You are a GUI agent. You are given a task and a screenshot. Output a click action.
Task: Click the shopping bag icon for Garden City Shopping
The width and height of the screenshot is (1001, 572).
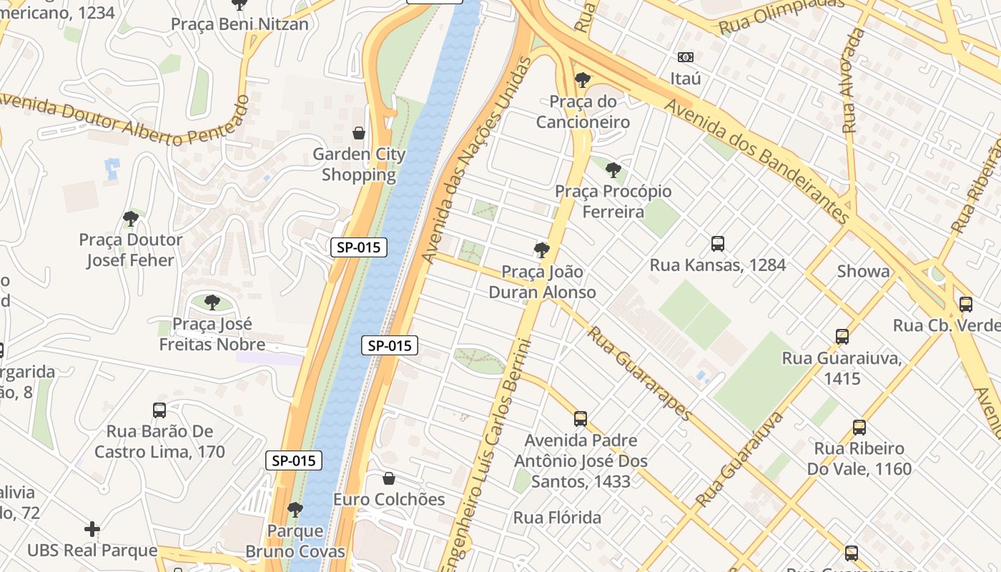tap(359, 133)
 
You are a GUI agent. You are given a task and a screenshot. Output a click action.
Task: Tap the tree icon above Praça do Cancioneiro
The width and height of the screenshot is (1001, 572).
tap(583, 79)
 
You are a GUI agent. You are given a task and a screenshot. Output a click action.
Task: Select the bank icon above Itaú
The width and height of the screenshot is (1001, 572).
tap(685, 57)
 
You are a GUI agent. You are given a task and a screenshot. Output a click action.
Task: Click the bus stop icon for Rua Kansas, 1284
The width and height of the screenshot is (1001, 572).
tap(718, 244)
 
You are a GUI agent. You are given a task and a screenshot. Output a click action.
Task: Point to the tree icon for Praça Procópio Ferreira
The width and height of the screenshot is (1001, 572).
tap(613, 170)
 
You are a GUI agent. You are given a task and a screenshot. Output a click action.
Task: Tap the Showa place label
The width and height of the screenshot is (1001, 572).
tap(864, 271)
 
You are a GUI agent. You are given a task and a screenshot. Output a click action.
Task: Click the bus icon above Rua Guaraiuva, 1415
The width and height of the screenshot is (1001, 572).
tap(842, 336)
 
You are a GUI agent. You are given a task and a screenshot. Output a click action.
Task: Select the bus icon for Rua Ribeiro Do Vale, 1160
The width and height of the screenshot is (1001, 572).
tap(859, 428)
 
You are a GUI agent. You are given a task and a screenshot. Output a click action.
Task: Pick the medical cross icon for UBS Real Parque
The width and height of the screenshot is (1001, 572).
tap(92, 529)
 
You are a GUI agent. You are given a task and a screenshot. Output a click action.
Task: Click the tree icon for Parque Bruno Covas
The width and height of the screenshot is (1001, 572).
tap(295, 510)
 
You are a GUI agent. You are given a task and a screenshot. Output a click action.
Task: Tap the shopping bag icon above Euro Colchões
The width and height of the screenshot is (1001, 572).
tap(389, 478)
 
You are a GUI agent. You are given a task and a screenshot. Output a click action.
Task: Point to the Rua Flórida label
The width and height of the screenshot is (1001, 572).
tap(557, 517)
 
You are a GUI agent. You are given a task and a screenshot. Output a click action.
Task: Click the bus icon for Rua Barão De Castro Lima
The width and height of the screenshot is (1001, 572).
tap(159, 410)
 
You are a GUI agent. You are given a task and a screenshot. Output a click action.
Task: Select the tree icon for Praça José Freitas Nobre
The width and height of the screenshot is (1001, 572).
tap(212, 302)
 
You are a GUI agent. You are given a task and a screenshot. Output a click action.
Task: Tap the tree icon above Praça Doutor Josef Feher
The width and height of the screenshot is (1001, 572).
tap(130, 218)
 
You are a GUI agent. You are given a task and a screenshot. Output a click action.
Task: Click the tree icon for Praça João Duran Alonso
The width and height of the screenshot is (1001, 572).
tap(542, 250)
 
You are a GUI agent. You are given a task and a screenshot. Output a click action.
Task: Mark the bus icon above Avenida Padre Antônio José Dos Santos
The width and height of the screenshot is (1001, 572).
tap(581, 419)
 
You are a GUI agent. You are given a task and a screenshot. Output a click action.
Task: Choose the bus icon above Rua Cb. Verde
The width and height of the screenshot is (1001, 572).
tap(966, 305)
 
